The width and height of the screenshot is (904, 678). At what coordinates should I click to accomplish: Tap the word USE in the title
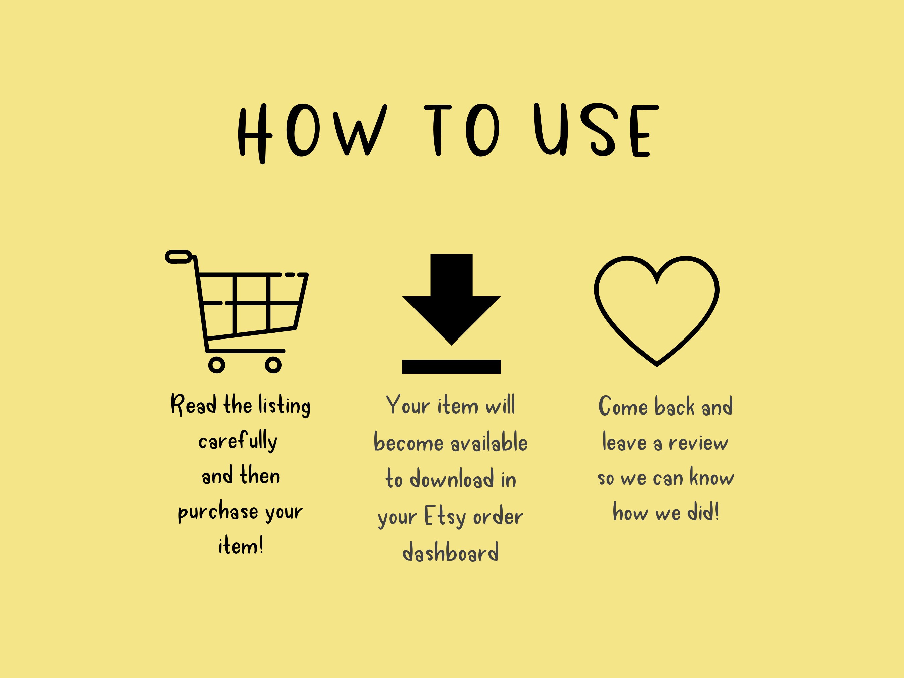596,130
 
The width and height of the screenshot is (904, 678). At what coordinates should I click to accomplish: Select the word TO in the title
462,130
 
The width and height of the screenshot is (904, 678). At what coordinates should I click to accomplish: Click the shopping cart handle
178,257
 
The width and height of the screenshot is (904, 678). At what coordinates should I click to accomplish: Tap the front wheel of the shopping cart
273,365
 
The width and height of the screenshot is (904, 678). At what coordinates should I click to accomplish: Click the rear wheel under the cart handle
217,365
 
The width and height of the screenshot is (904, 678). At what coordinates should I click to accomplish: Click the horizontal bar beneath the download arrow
451,366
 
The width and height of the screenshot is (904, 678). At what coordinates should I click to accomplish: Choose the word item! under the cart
241,546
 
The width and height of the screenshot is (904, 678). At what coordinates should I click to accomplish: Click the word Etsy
445,517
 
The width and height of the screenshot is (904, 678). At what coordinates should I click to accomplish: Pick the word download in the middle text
452,479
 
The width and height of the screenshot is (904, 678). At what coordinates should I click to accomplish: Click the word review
698,443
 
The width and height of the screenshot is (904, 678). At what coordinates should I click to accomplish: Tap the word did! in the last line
703,512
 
